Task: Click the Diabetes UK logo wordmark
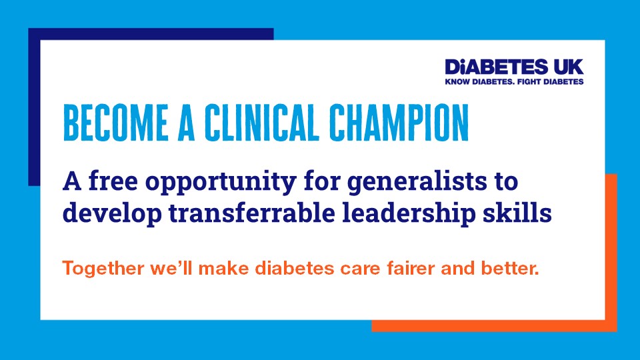click(514, 67)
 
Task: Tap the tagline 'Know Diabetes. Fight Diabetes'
click(514, 82)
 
